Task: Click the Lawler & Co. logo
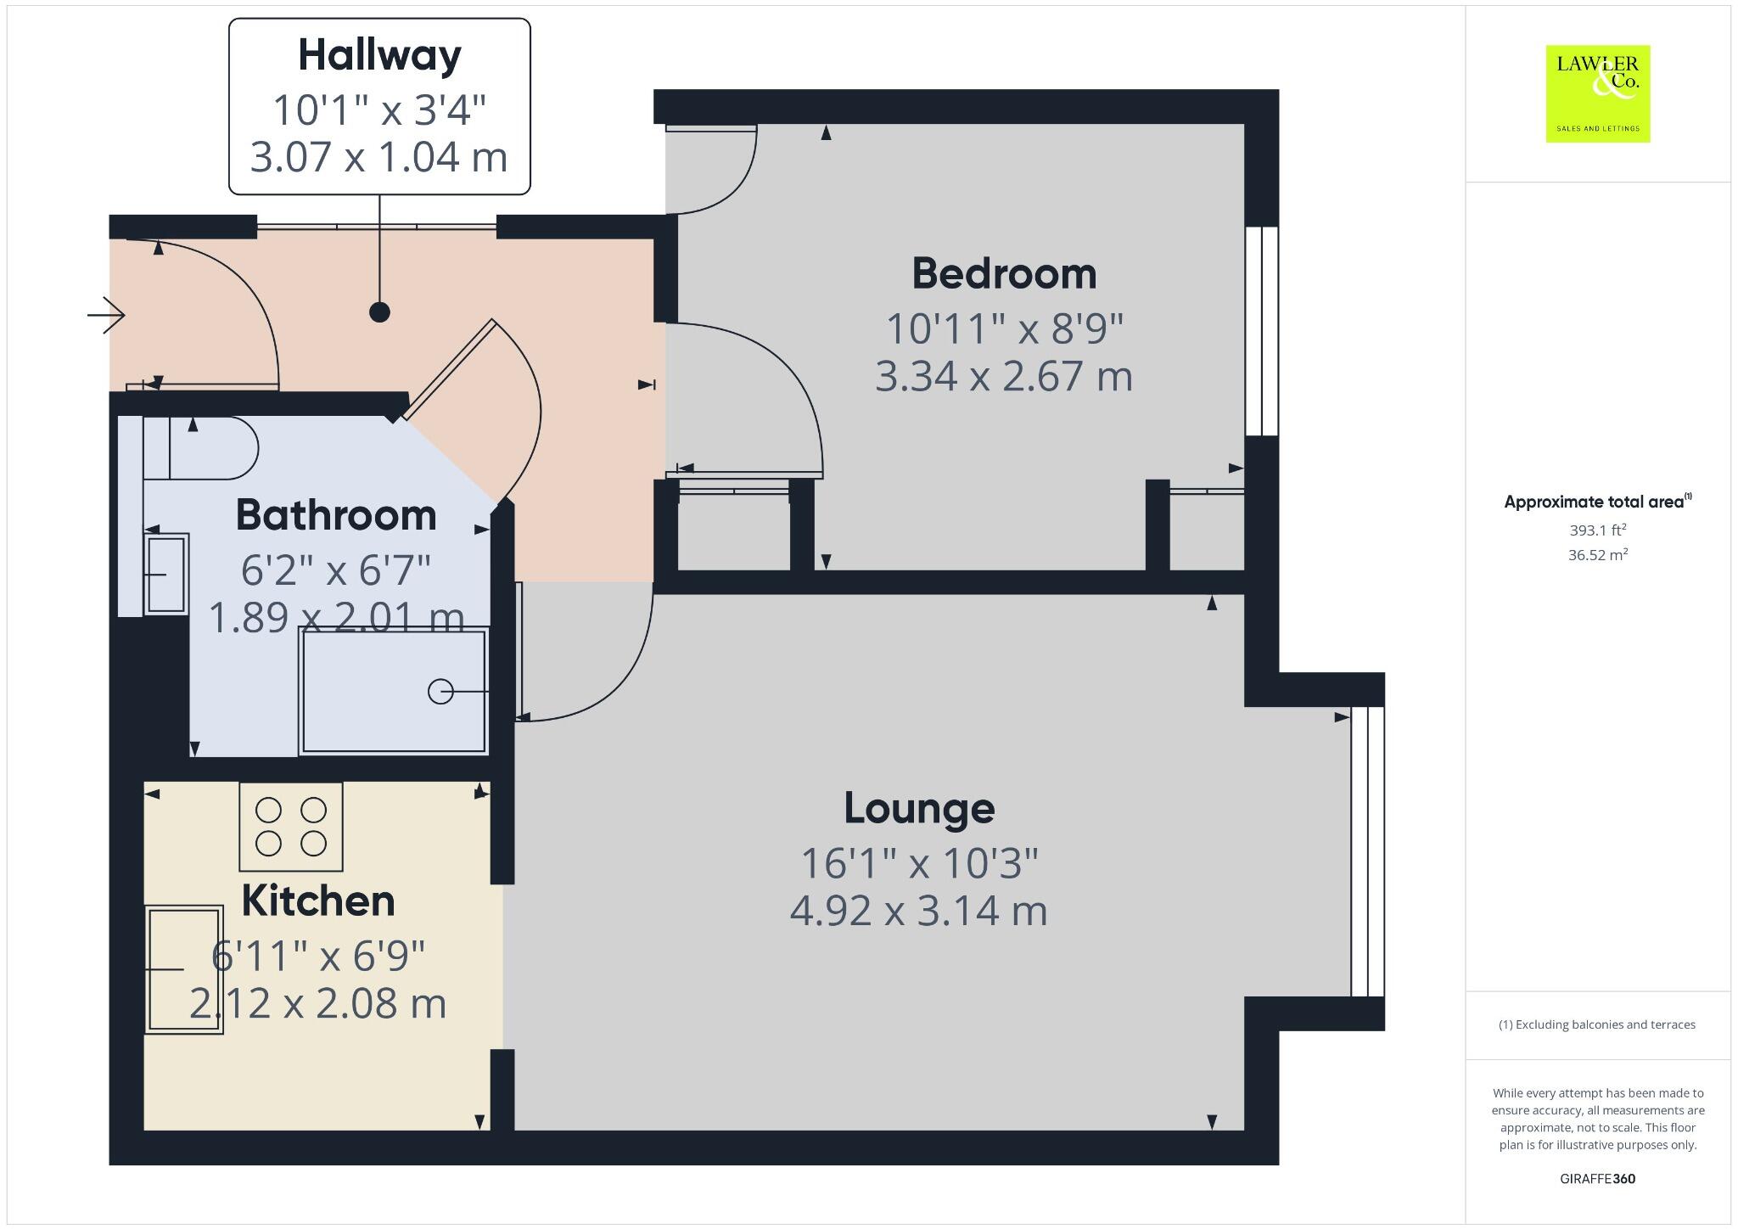(1597, 93)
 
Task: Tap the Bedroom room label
(1004, 274)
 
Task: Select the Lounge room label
(919, 808)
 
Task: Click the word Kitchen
(318, 901)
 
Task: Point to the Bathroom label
(336, 515)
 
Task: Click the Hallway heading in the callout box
(379, 55)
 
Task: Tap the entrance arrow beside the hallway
(107, 316)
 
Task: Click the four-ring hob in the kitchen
(291, 827)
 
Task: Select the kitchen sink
(185, 969)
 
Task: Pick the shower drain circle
(440, 692)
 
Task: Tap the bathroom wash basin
(166, 575)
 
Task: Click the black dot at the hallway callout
(379, 312)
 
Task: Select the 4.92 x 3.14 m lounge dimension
(919, 912)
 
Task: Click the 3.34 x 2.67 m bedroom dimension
(1004, 377)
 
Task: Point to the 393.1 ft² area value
(1597, 530)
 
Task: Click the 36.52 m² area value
(1597, 555)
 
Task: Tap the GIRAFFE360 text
(1597, 1179)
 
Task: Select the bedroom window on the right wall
(1262, 331)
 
